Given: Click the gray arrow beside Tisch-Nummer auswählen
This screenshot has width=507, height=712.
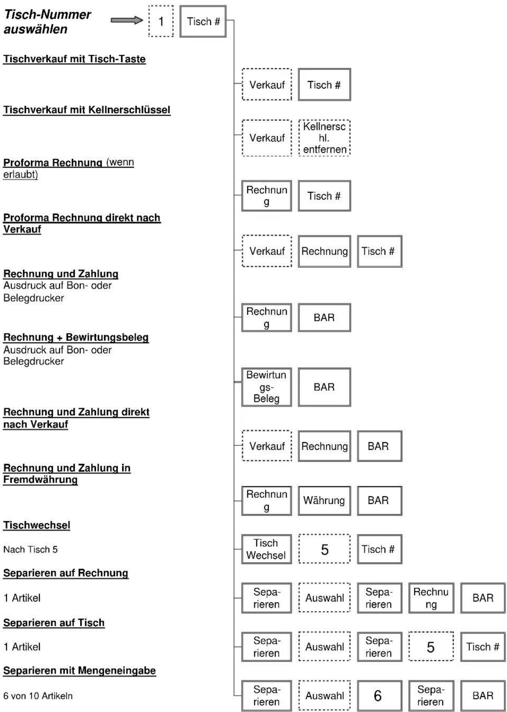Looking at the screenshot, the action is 127,20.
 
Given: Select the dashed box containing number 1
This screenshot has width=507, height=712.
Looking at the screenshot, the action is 161,21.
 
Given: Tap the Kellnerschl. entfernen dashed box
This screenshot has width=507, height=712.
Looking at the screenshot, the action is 324,138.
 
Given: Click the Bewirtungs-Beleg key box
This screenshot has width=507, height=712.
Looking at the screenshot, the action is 266,387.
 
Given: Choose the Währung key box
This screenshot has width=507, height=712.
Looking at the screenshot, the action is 324,500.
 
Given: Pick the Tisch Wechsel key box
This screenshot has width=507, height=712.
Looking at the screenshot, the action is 266,549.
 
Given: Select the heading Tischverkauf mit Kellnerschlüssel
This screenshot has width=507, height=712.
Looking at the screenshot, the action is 87,110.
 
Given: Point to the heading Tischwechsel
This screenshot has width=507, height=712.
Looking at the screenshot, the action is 37,525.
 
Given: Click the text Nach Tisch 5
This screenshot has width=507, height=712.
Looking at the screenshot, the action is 31,549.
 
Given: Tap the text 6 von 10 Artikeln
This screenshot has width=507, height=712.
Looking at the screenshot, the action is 38,696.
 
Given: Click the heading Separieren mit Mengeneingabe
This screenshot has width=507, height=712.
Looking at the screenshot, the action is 79,670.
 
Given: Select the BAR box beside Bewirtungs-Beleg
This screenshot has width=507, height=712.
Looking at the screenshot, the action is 324,387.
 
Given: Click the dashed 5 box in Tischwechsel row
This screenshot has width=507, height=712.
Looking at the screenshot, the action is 324,549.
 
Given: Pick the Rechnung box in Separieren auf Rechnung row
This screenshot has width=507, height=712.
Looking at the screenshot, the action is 431,598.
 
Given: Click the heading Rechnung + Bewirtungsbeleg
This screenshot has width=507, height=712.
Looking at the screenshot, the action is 76,337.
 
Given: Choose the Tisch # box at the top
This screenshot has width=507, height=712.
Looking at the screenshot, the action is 203,21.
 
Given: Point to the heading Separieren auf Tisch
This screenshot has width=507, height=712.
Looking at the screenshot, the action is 54,623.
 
